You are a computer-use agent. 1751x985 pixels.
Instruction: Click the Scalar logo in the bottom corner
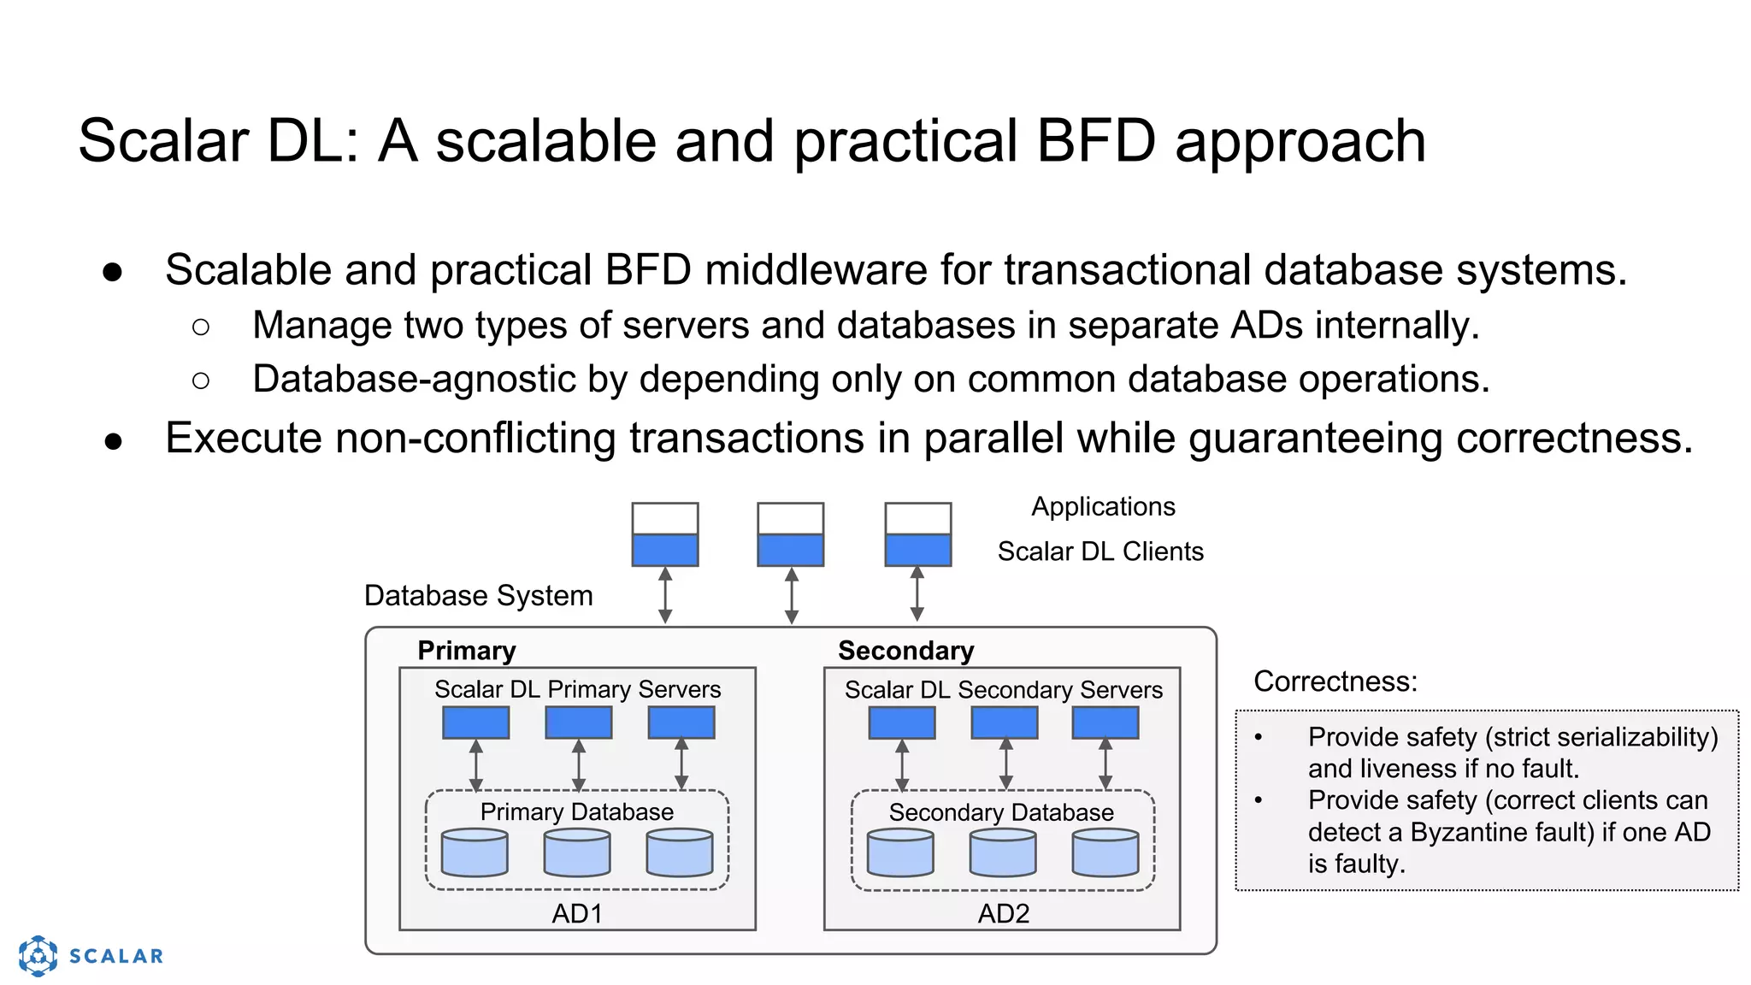click(90, 955)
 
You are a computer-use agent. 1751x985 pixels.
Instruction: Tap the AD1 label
click(577, 913)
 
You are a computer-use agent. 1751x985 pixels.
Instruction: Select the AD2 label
click(1003, 913)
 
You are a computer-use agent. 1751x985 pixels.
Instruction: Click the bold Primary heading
click(467, 651)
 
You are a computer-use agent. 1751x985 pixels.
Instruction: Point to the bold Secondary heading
click(905, 651)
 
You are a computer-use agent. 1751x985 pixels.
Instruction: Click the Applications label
click(1103, 506)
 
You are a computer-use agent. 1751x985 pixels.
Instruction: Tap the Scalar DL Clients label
click(1100, 551)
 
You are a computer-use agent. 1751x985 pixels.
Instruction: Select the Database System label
click(478, 595)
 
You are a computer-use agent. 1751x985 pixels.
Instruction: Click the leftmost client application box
click(665, 534)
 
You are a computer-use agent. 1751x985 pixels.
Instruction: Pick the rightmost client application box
click(917, 534)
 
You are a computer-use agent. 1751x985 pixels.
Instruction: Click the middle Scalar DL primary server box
click(579, 723)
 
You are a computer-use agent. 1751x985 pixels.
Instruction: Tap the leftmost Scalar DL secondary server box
click(902, 723)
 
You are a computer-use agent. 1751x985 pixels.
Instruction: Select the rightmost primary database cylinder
click(680, 852)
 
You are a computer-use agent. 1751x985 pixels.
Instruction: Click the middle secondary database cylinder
click(1003, 852)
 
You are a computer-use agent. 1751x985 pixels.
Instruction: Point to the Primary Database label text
click(576, 811)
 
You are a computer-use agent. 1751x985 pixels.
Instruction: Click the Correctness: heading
click(1335, 681)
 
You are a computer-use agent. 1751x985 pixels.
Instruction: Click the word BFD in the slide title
click(1095, 141)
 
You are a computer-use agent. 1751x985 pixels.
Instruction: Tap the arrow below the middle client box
click(791, 596)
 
